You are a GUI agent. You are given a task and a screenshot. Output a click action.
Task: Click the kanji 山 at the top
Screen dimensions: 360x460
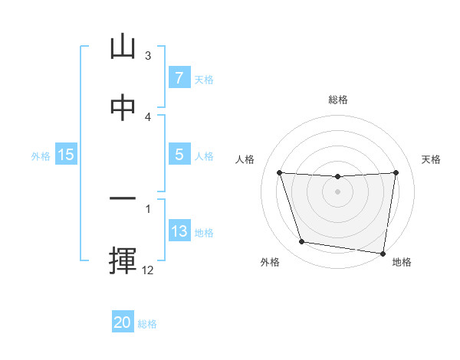(x=123, y=47)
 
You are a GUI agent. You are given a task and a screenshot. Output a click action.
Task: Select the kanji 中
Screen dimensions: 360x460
(x=123, y=108)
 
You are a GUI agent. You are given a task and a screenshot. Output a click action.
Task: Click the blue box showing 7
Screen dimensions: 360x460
(x=179, y=78)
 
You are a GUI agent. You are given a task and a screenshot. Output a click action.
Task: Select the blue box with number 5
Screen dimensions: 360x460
(x=179, y=155)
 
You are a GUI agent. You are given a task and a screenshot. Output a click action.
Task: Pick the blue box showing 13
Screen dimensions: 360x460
(x=179, y=231)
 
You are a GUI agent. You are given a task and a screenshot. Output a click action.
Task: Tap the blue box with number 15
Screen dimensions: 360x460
(x=66, y=155)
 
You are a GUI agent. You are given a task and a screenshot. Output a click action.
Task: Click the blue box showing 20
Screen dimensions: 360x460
(x=123, y=322)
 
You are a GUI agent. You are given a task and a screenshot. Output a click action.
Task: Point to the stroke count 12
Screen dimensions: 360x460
(x=148, y=270)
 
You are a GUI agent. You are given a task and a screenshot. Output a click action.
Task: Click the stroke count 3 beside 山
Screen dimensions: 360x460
(x=148, y=56)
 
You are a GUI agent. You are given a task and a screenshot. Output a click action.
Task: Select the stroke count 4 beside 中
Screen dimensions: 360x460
(x=148, y=116)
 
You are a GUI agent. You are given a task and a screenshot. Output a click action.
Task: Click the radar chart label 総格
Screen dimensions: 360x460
(x=337, y=100)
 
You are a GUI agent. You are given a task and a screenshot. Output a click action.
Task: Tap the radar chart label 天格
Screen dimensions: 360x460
(x=432, y=159)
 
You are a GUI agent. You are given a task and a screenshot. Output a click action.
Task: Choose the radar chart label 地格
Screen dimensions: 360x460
(x=402, y=263)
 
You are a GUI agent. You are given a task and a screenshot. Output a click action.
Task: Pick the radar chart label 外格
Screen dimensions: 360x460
(x=270, y=263)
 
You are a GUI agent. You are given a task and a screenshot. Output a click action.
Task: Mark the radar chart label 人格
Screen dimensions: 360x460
(x=245, y=159)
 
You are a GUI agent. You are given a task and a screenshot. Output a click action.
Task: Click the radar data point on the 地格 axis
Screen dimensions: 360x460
(x=383, y=253)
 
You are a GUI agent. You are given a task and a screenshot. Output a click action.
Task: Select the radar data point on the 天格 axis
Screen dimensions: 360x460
(x=396, y=172)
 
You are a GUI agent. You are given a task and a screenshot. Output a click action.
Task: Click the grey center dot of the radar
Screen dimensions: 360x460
(x=337, y=191)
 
